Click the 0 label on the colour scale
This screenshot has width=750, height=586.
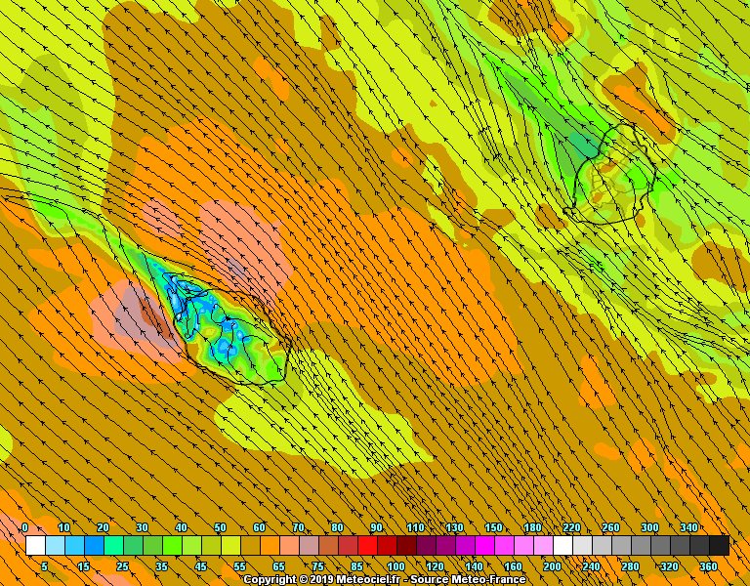[24, 528]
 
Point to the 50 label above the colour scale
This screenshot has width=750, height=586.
[220, 528]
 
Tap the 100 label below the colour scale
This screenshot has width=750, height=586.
[396, 566]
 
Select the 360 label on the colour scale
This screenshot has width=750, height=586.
[708, 566]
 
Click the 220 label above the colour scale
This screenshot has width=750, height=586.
[571, 528]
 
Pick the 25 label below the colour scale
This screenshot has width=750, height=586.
[122, 566]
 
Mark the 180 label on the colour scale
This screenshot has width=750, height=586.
[532, 528]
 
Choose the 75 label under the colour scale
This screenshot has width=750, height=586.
[317, 566]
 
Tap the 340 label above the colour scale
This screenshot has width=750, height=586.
[688, 528]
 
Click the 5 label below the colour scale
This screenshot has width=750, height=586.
[44, 566]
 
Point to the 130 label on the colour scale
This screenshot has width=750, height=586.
[454, 528]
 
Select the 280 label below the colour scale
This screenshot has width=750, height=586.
[630, 566]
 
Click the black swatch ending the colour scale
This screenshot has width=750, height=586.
[719, 545]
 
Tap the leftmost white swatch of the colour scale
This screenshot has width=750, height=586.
[35, 545]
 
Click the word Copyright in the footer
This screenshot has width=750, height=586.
[269, 579]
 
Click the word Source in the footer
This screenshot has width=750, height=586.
[432, 579]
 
